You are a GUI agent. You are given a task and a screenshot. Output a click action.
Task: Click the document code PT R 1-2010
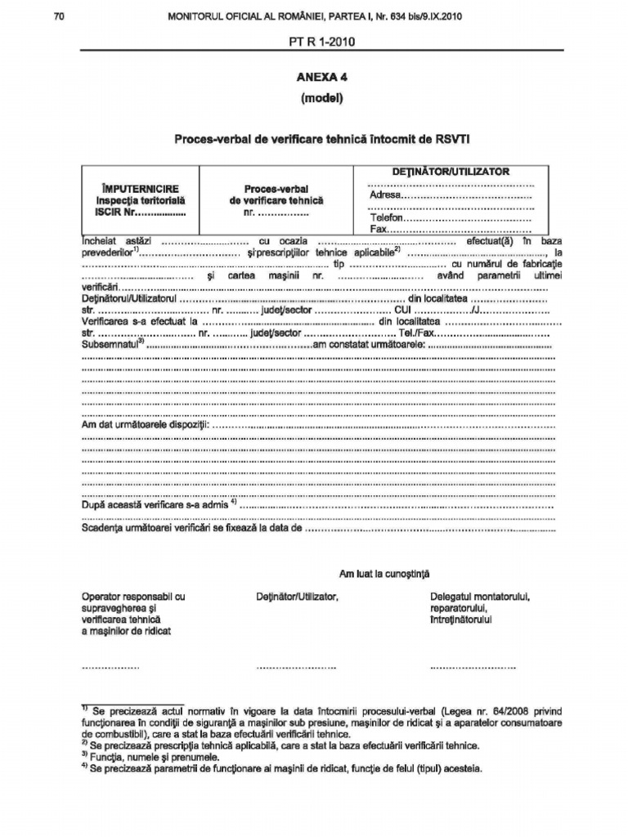click(321, 41)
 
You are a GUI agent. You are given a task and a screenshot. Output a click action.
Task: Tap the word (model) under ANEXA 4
click(321, 99)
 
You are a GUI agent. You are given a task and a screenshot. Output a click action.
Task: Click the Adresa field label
click(385, 195)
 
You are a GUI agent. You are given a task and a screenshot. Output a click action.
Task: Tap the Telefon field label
click(387, 219)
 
